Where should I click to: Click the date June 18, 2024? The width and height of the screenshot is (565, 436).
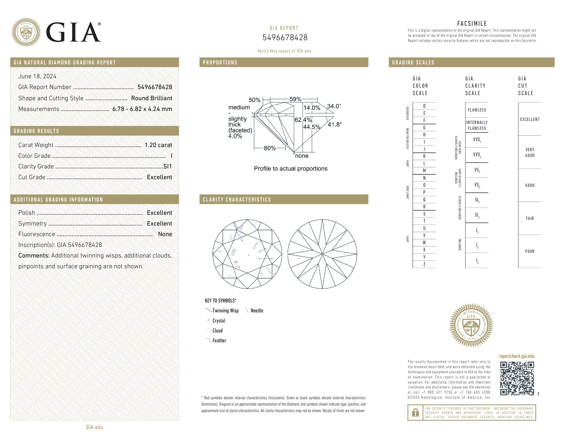37,76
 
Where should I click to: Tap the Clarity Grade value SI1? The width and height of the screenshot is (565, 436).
168,167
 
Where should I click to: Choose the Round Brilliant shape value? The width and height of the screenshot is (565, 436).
152,98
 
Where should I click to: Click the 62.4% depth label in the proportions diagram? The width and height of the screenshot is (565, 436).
303,120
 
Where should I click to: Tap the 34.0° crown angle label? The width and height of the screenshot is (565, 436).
334,106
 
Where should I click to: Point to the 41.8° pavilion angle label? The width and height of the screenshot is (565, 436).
335,124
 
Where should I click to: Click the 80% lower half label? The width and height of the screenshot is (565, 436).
270,148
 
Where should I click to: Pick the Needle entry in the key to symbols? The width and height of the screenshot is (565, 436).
257,311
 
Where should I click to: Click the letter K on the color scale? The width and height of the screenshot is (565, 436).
424,156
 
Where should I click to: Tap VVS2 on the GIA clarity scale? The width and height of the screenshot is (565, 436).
477,155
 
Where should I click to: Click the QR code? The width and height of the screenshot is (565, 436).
517,378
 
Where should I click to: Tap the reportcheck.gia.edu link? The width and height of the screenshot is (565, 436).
517,356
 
